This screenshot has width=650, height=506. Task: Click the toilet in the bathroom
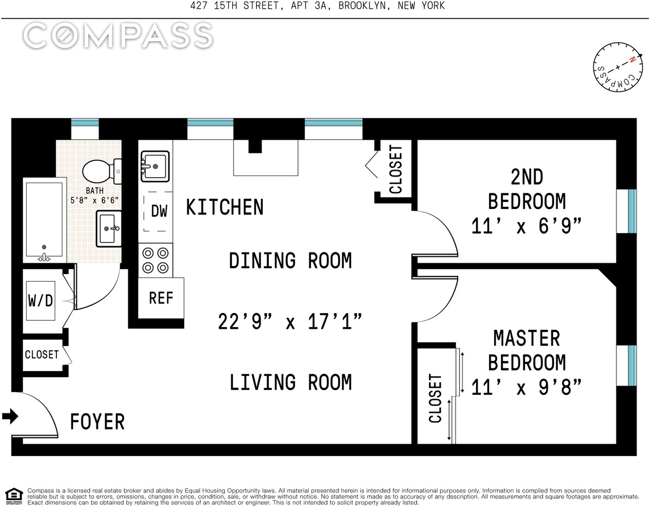point(102,172)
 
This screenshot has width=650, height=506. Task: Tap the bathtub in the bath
point(44,220)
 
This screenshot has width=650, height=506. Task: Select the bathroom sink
point(108,229)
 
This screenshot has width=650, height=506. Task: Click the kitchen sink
point(155,166)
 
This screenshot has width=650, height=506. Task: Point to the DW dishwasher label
point(159,211)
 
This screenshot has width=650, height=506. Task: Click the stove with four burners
point(155,261)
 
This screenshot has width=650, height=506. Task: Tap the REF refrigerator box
point(161,298)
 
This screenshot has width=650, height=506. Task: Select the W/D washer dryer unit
point(41,301)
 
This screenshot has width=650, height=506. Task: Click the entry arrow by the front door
point(10,416)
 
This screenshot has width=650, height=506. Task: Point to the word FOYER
point(97,421)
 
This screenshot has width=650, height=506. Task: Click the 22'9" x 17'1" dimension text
point(290,322)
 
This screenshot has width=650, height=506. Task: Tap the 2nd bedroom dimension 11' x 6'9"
point(526,226)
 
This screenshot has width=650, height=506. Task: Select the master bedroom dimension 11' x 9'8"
point(526,387)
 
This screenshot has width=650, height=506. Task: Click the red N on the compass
point(632,60)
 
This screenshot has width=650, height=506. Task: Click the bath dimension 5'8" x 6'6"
point(95,200)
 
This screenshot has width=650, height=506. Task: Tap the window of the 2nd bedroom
point(632,211)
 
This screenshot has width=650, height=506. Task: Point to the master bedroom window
point(632,366)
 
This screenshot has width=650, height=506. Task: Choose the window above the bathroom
point(84,122)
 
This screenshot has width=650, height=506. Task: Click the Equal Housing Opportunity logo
point(14,496)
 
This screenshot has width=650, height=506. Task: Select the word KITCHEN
point(225,207)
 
